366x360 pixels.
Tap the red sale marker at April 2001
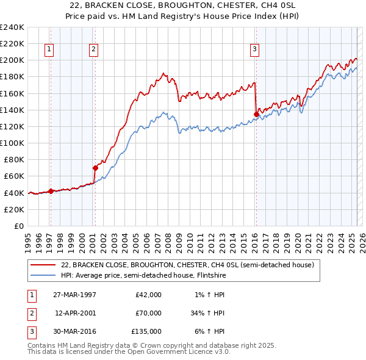(x=95, y=168)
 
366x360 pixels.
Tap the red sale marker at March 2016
(x=256, y=113)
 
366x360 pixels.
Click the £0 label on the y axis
(x=18, y=226)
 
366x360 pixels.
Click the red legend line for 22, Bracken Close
(x=43, y=265)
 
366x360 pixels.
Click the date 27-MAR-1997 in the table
(x=74, y=295)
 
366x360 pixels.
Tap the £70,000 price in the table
(x=149, y=313)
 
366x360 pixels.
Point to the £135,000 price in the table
(x=147, y=331)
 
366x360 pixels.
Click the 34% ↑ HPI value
(x=209, y=313)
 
